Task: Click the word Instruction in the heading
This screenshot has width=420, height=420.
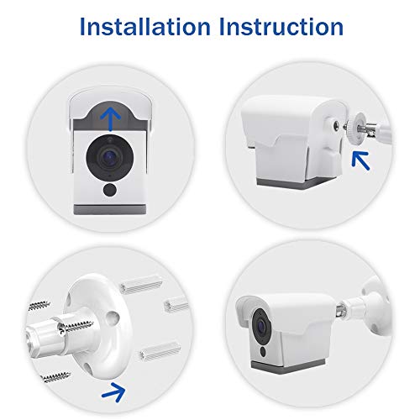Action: point(278,27)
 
